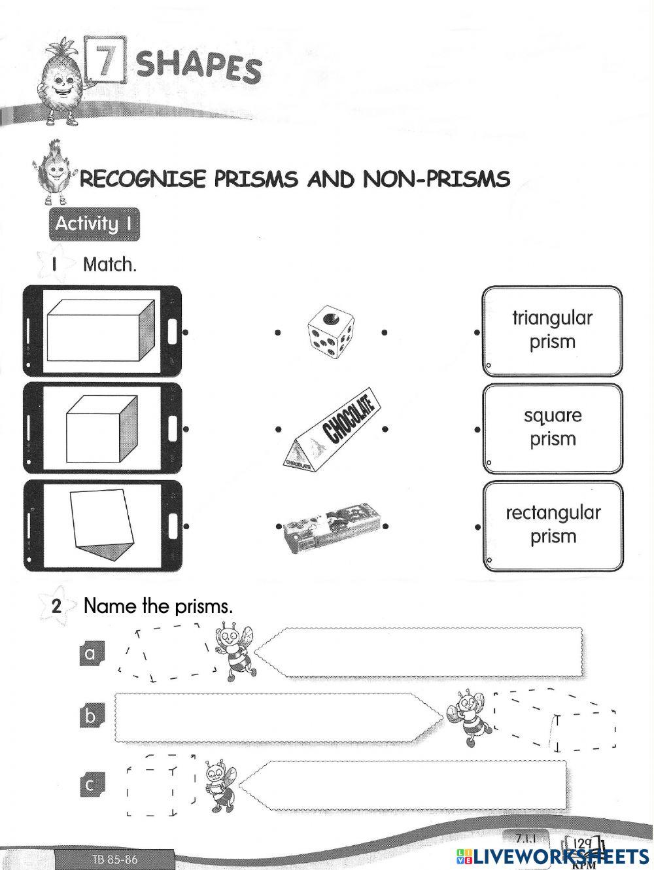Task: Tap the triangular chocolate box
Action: tap(331, 431)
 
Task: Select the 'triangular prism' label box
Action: tap(552, 330)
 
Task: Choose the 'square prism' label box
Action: tap(552, 428)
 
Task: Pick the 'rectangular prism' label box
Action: tap(552, 525)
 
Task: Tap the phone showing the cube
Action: tap(102, 428)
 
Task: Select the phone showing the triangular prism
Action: tap(102, 525)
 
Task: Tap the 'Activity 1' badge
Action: tap(94, 224)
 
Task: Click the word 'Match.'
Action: tap(110, 265)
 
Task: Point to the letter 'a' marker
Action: tap(91, 653)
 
